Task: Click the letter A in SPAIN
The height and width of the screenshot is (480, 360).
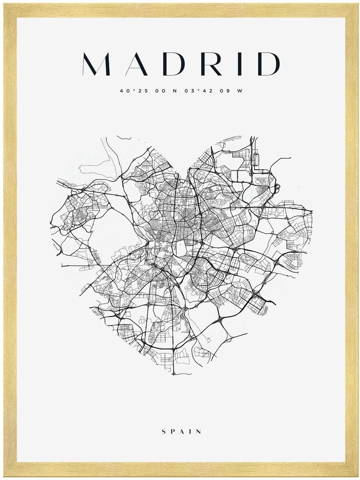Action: coord(182,432)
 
